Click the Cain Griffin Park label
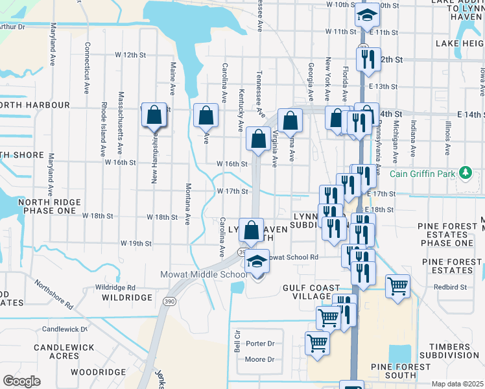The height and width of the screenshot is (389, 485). point(423,174)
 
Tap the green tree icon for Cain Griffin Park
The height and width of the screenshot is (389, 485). point(464,173)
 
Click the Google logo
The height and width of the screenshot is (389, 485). point(21,381)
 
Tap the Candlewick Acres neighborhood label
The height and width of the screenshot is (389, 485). point(56,351)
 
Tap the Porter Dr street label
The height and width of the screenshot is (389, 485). point(260,343)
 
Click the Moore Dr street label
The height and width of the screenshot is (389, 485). point(259,359)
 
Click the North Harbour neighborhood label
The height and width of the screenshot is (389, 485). point(35,105)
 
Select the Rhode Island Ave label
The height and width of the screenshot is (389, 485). point(103,130)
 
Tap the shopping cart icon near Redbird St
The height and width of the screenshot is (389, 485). point(397,285)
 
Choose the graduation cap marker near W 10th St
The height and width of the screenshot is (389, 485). point(367,16)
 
